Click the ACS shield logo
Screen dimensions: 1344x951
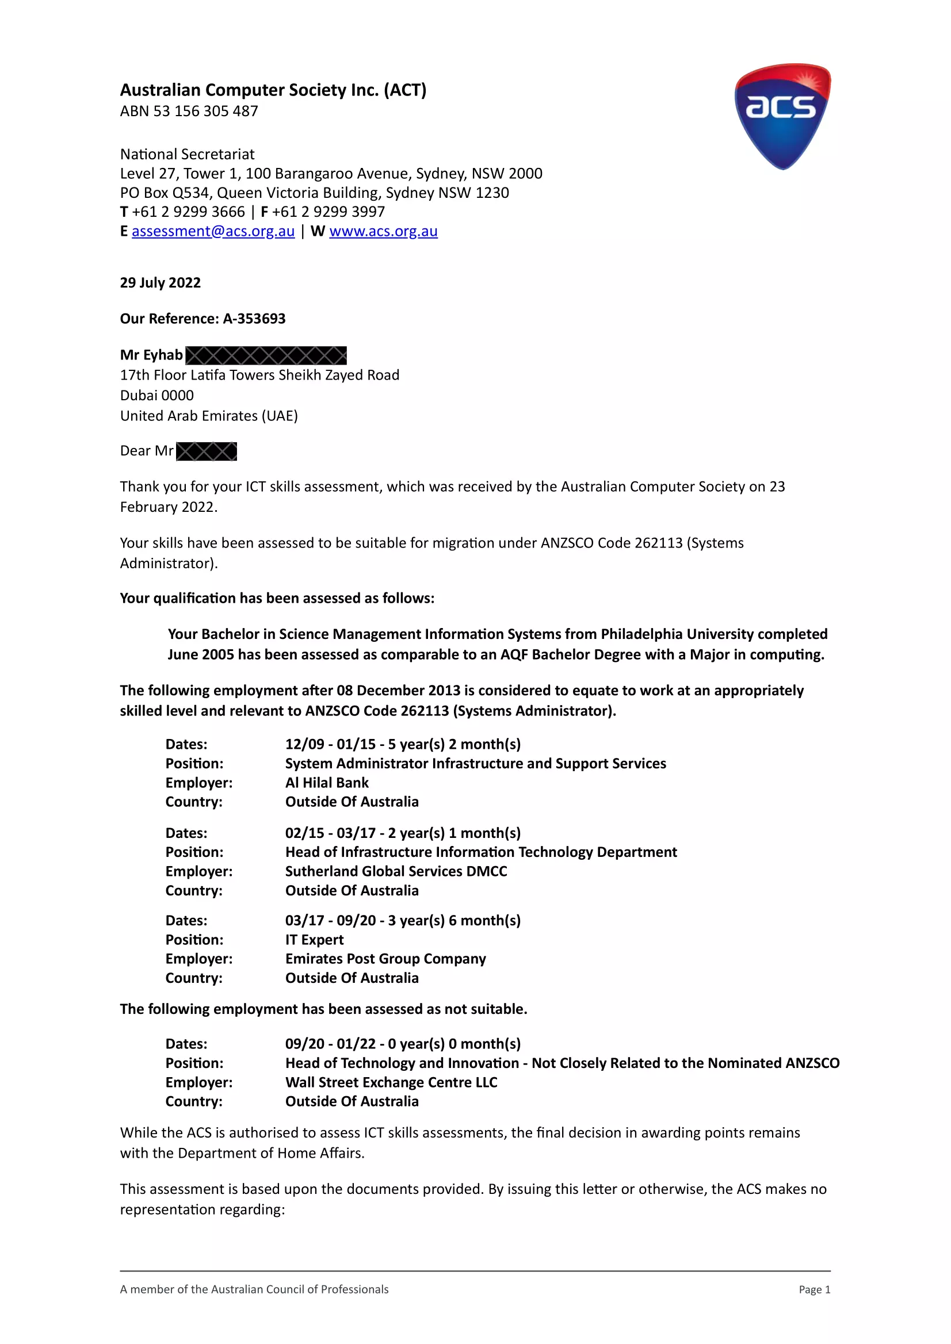782,116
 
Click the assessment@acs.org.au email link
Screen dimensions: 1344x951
213,231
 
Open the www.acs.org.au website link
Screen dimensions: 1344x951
383,231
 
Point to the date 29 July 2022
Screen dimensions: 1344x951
161,283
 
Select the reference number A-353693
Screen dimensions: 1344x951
254,319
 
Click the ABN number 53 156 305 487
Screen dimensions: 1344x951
205,111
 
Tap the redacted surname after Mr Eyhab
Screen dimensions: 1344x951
266,355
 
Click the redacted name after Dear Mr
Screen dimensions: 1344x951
206,451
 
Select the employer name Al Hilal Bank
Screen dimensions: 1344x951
327,783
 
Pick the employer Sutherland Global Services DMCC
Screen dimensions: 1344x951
396,871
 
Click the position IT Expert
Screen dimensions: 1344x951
315,940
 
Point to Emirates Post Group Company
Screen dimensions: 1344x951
385,959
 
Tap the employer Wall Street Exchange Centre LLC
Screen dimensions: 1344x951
391,1082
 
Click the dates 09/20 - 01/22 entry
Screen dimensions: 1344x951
403,1044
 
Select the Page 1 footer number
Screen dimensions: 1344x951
815,1289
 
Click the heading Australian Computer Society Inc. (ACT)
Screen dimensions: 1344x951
273,90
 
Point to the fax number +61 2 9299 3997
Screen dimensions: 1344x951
328,212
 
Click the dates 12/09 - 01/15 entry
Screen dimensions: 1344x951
403,744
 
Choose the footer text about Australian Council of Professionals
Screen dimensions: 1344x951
254,1289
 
